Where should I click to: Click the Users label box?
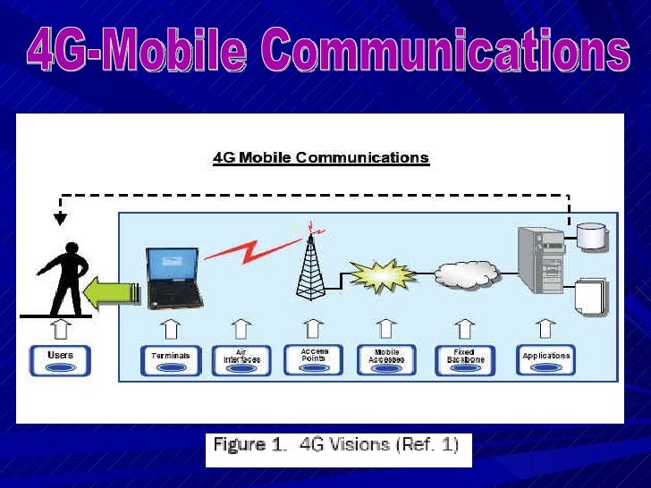[x=60, y=360]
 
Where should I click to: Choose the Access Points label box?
[x=313, y=359]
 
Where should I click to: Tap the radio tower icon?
[x=310, y=264]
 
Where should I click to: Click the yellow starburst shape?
[x=383, y=275]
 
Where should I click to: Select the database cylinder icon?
[x=591, y=234]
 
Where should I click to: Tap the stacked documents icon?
[x=590, y=295]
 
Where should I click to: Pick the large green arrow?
[x=112, y=294]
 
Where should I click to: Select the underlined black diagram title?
[x=320, y=158]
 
